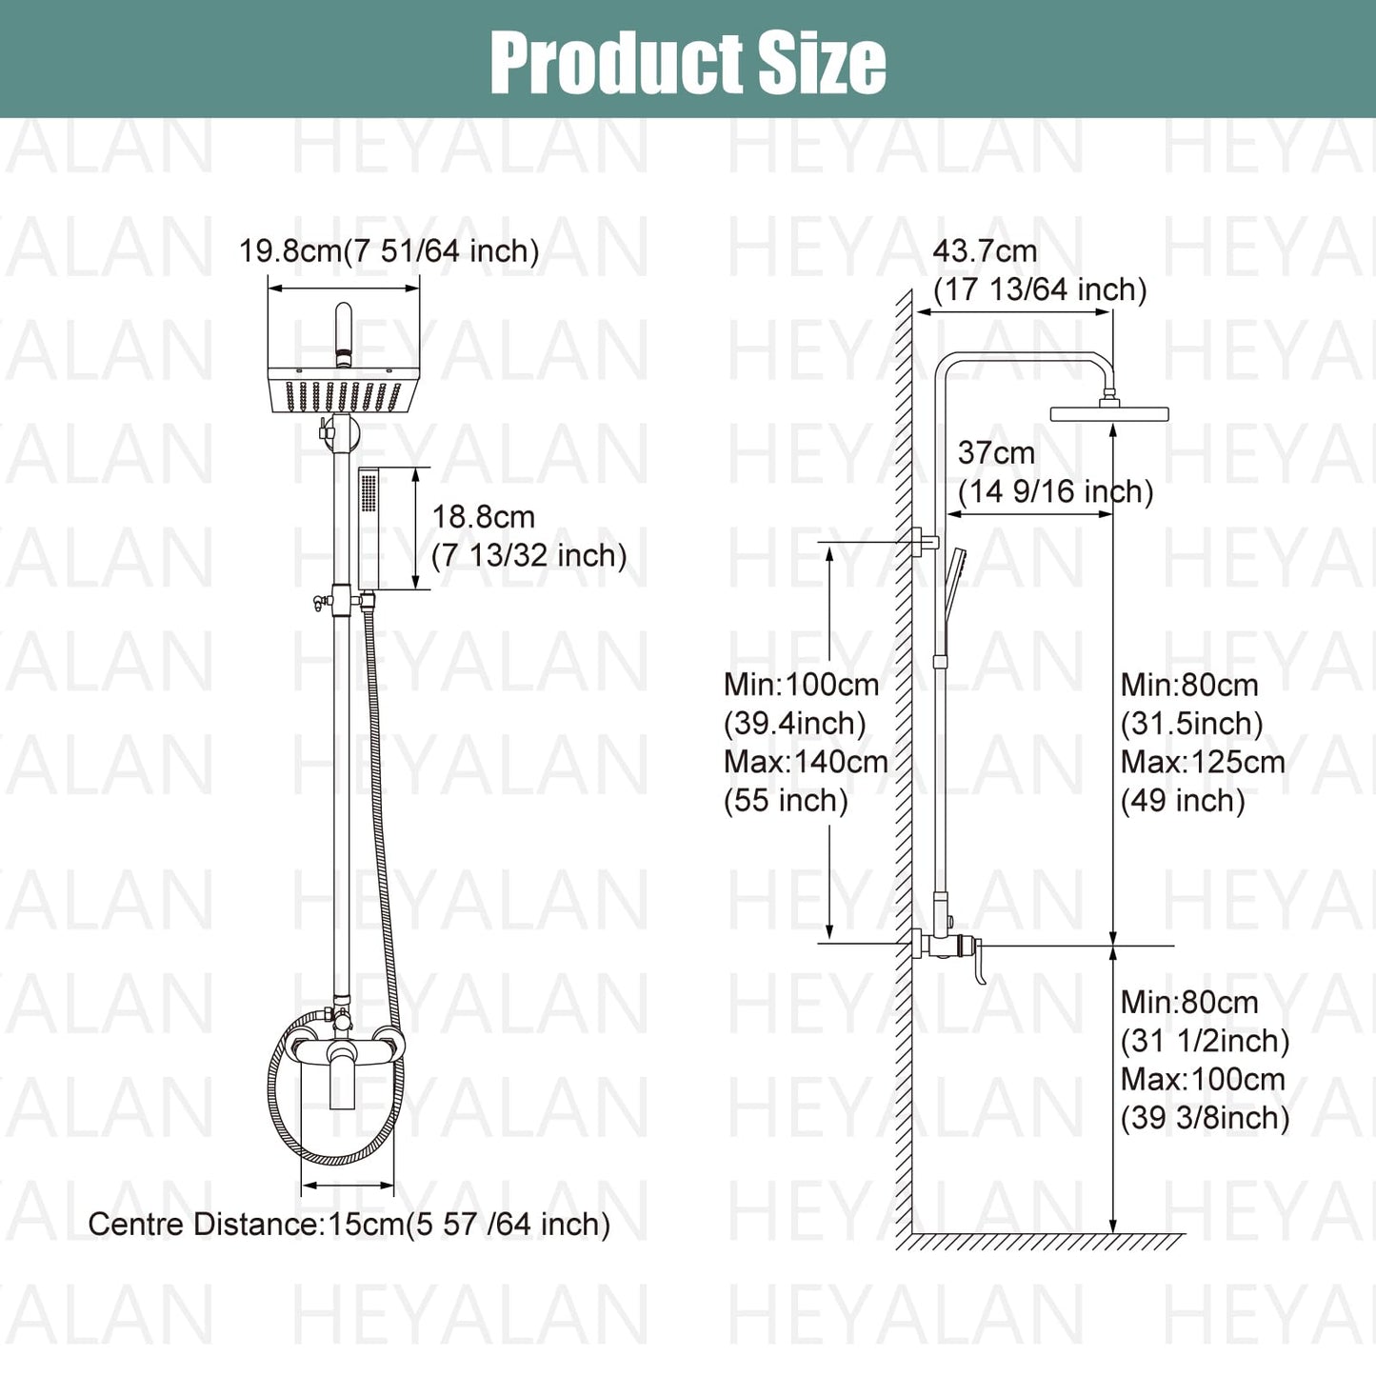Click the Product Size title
tap(688, 63)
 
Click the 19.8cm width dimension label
tap(389, 251)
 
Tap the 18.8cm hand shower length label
tap(529, 536)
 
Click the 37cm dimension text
tap(1055, 472)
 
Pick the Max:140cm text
tap(806, 763)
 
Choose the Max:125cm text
tap(1203, 763)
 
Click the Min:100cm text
tap(801, 686)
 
